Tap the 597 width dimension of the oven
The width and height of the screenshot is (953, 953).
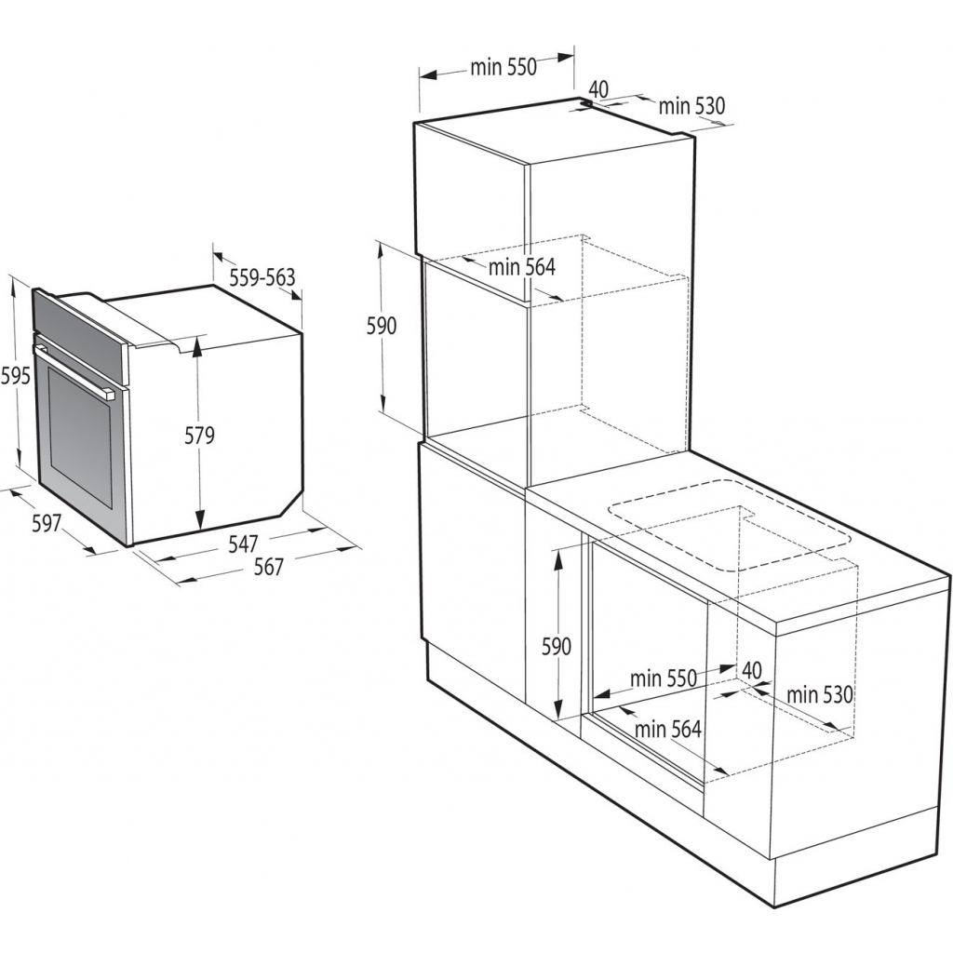(x=47, y=524)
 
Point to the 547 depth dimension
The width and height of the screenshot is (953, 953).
(x=244, y=543)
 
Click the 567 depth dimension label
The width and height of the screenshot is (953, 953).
(x=268, y=566)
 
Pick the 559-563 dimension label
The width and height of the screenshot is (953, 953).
(x=262, y=276)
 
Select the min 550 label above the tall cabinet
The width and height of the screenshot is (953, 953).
(x=503, y=67)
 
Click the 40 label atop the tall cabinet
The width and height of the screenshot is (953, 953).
(x=598, y=89)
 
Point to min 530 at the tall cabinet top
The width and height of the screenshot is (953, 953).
(x=691, y=106)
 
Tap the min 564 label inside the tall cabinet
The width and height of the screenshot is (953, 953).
(x=522, y=267)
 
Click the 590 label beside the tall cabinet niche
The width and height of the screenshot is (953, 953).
(x=381, y=326)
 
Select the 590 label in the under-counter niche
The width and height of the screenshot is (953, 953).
(x=556, y=645)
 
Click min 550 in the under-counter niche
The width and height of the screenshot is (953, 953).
(x=664, y=678)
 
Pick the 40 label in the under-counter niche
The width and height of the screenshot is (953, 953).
(x=752, y=670)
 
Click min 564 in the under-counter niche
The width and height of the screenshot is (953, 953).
(x=668, y=730)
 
